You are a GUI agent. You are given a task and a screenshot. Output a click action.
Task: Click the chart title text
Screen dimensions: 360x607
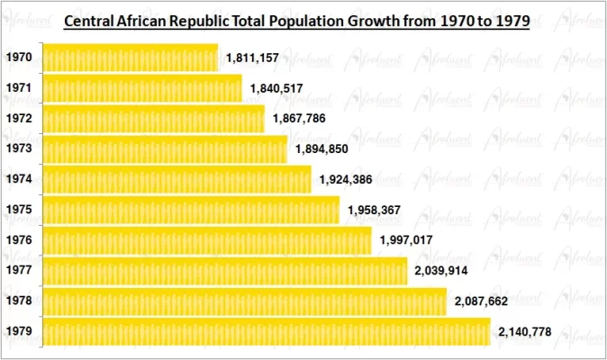[296, 20]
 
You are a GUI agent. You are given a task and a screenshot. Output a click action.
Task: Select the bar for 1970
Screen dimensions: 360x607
[130, 58]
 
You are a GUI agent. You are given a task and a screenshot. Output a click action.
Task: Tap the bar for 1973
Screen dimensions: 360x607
[165, 148]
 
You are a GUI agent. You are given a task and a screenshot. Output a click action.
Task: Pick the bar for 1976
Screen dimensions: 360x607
[206, 240]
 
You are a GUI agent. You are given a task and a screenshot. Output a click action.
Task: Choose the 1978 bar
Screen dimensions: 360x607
[244, 301]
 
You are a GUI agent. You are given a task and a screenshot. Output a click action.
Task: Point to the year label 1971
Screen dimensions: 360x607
[19, 88]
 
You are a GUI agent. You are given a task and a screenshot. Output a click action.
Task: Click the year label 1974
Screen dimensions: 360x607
[19, 179]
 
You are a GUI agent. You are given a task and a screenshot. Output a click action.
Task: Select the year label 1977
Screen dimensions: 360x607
[19, 271]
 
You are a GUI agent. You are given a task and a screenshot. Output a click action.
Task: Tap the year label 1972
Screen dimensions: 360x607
[19, 119]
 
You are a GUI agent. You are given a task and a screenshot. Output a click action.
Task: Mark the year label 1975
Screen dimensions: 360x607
[19, 210]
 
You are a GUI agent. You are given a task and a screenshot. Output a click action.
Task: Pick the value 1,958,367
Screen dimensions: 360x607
[376, 210]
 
